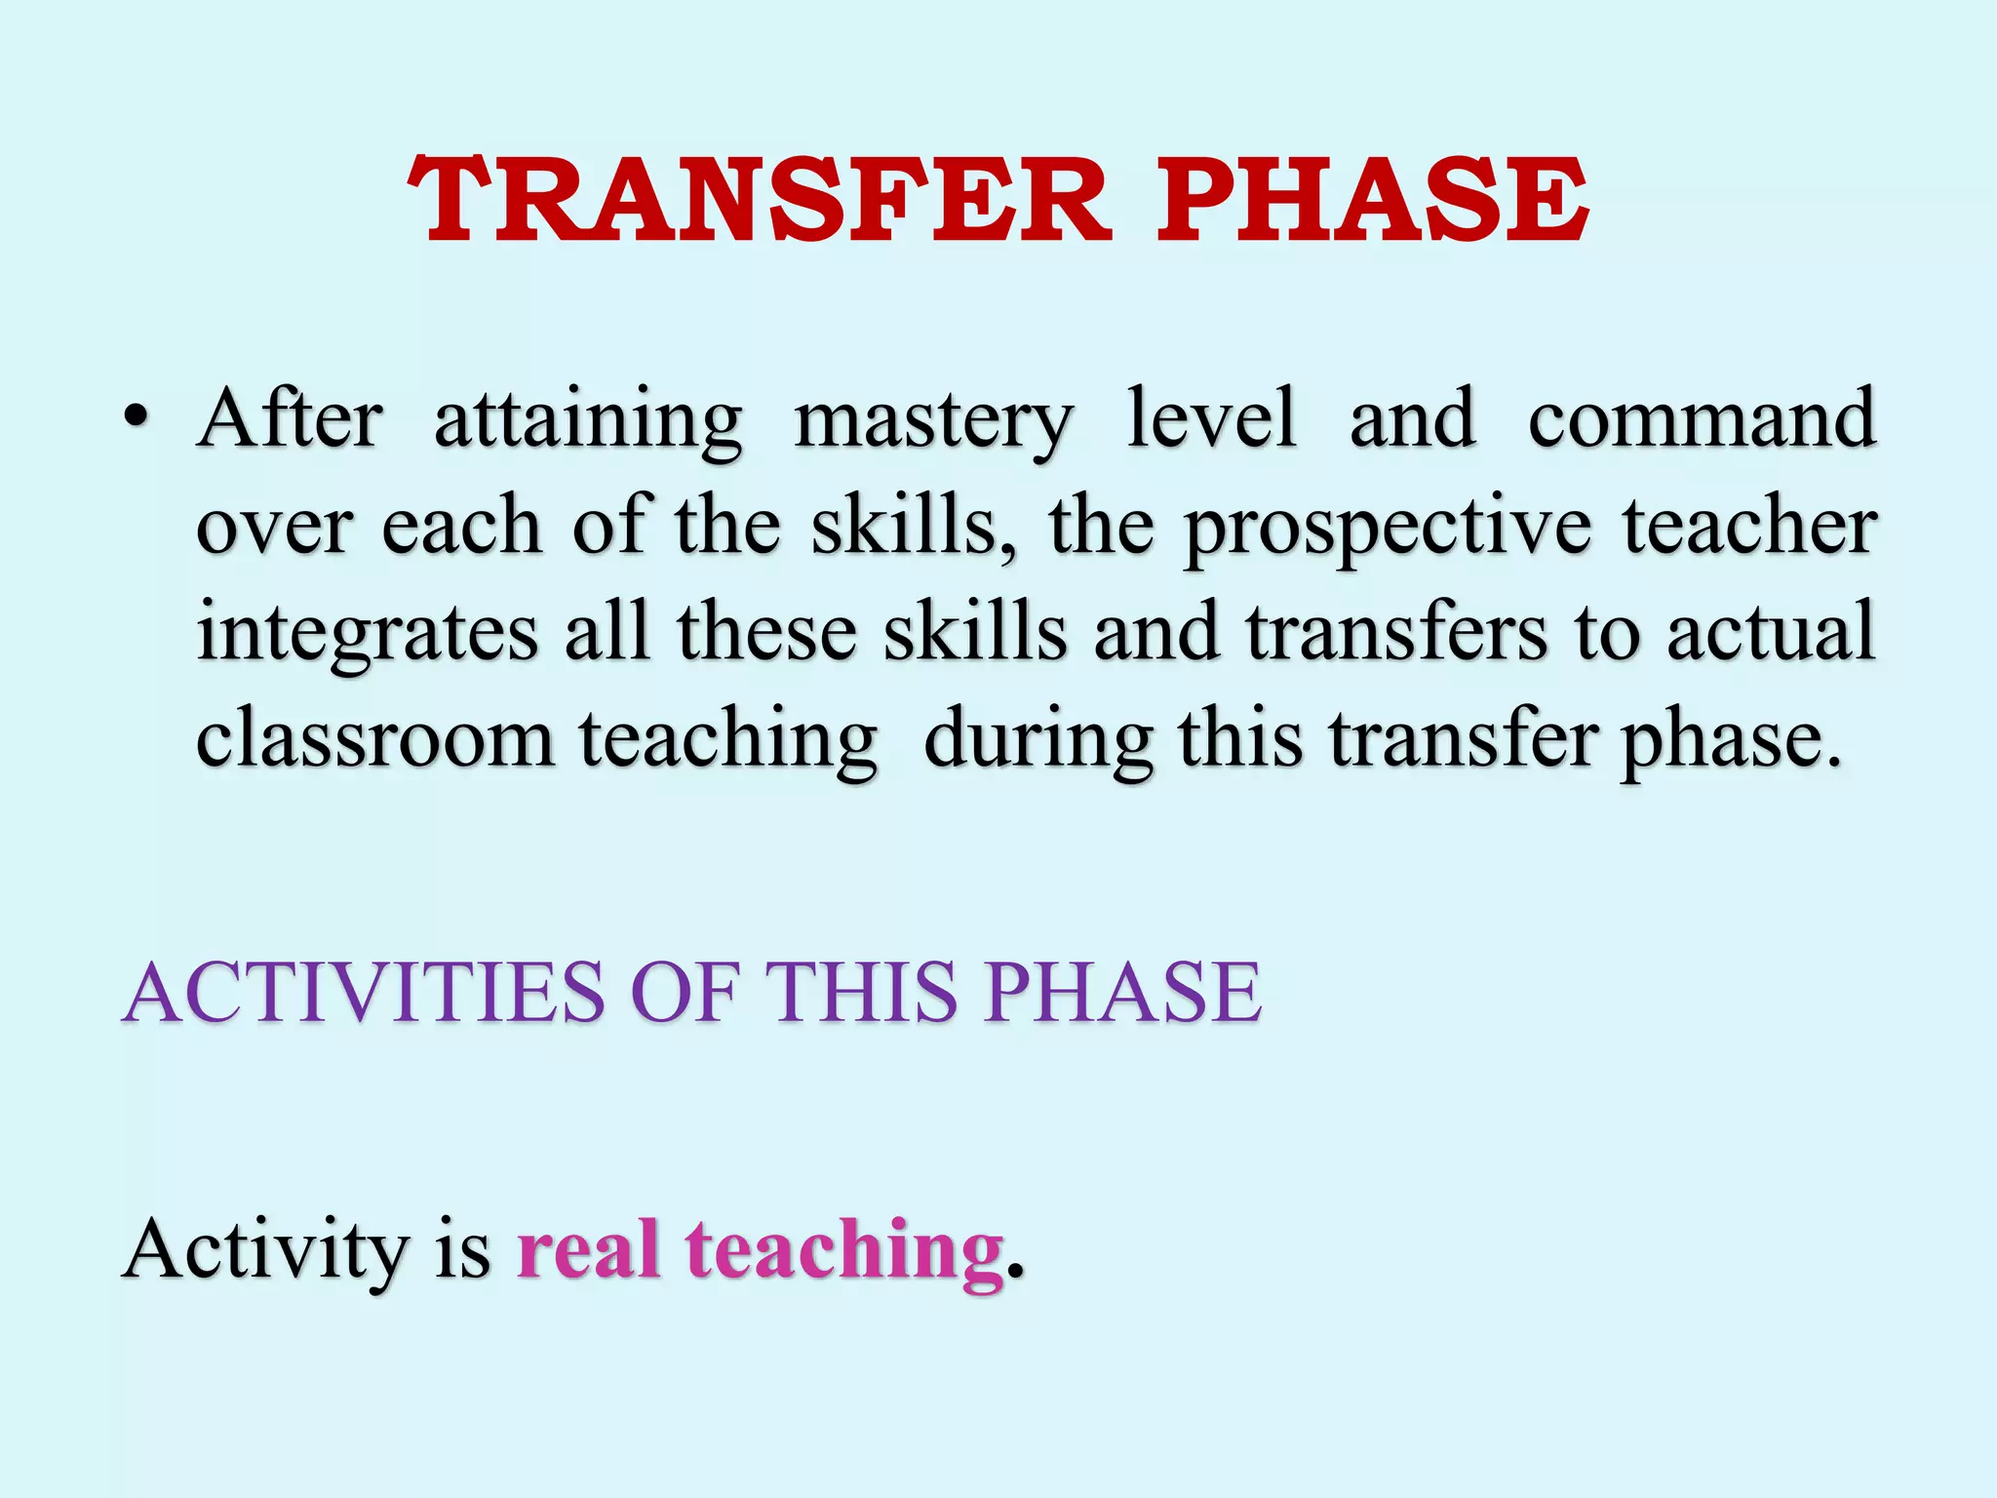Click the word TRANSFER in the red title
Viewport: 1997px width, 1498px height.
759,201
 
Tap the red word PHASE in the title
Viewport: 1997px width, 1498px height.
1372,201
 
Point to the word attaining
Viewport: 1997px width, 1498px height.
588,421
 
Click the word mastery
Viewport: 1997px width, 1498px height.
934,421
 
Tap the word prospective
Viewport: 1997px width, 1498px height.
1389,529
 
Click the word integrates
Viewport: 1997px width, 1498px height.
367,634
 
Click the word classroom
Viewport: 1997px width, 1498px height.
375,738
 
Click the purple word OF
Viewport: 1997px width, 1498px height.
685,993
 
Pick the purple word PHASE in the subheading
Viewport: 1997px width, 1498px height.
1122,993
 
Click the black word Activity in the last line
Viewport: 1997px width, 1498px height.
266,1250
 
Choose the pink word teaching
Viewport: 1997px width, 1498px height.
844,1250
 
